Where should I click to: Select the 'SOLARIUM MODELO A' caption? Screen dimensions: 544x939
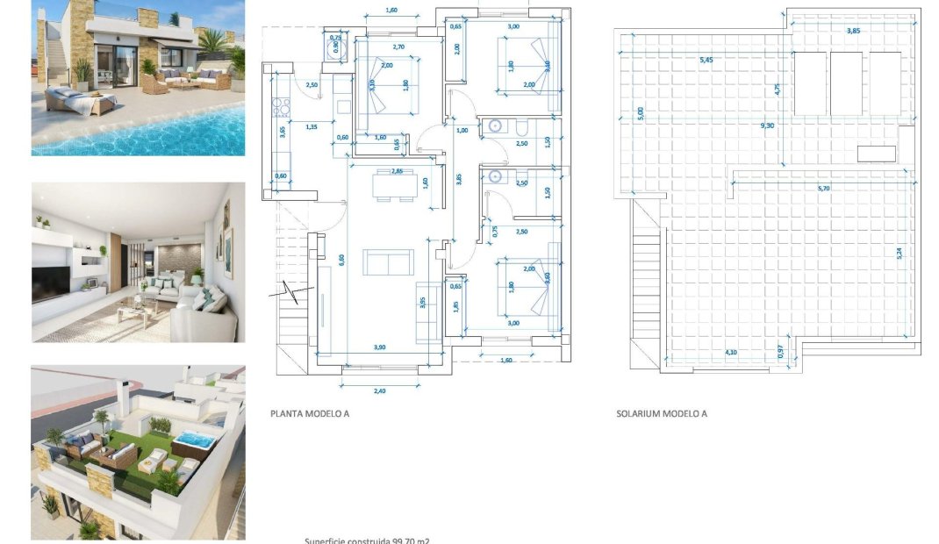[661, 413]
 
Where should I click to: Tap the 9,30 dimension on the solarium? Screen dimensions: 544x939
[767, 125]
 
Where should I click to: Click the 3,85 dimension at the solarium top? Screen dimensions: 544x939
[852, 31]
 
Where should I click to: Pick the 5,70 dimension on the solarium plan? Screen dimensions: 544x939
[824, 188]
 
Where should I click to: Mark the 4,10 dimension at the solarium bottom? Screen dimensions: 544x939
[730, 353]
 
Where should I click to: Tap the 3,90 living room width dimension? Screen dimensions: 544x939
[379, 347]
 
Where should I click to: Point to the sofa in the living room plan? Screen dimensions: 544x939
[388, 261]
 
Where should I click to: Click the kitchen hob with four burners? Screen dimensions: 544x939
[282, 108]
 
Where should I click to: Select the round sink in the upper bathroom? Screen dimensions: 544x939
[495, 126]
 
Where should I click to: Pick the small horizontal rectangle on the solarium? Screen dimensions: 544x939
[876, 154]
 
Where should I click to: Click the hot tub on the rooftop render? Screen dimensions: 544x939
[194, 442]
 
